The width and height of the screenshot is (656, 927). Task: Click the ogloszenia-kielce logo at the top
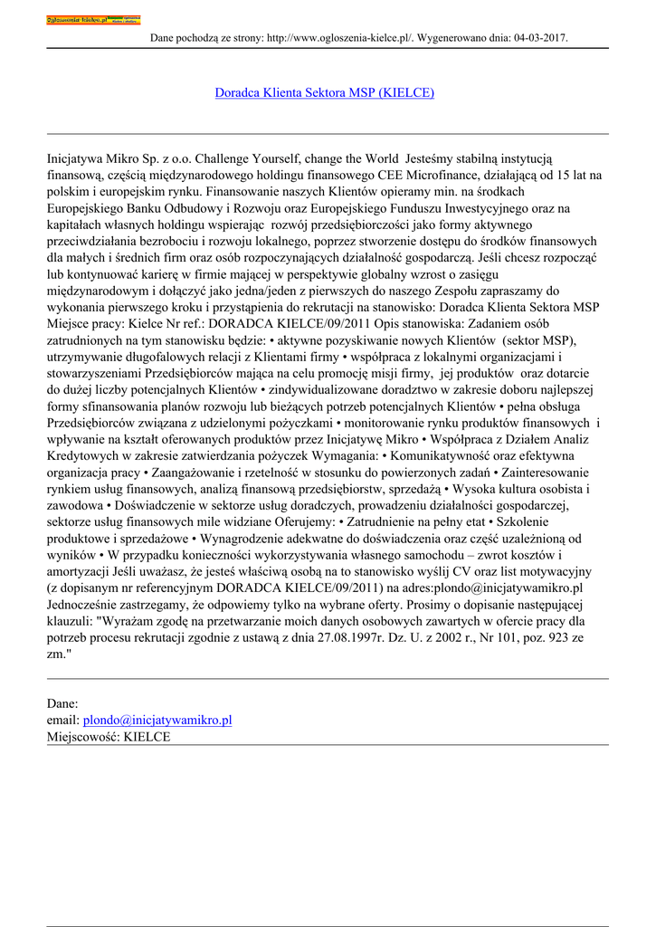(93, 19)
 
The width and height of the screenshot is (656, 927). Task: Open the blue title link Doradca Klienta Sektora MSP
(324, 92)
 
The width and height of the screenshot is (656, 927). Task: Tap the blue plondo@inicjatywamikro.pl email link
(157, 720)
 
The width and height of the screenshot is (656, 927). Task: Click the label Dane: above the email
(62, 702)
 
